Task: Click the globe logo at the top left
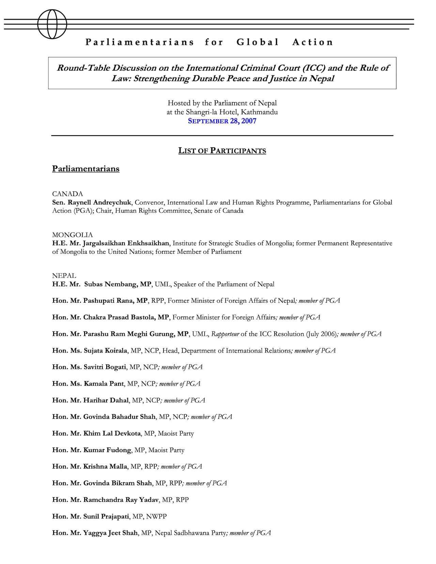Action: click(x=52, y=24)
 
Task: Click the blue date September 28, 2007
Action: click(x=222, y=121)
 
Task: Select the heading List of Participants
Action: click(x=222, y=151)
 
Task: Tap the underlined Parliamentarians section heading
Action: click(x=86, y=169)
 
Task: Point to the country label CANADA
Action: click(x=67, y=194)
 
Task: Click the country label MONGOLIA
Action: click(x=72, y=235)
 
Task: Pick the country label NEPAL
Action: click(x=64, y=276)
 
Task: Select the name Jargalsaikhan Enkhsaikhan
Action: click(x=126, y=243)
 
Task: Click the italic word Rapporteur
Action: click(x=225, y=334)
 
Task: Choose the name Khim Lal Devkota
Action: click(x=112, y=433)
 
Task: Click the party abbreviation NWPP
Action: click(x=156, y=516)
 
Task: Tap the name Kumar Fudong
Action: click(x=107, y=450)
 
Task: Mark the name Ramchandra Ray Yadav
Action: click(x=121, y=500)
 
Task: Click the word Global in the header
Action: click(x=258, y=42)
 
